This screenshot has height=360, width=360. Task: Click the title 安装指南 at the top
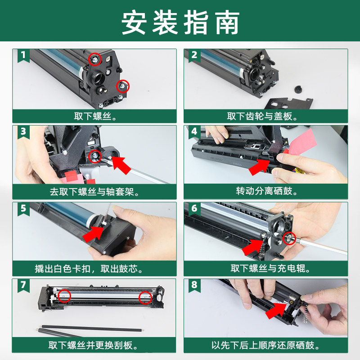180,22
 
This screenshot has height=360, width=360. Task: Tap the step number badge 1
23,55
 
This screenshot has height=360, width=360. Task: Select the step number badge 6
194,208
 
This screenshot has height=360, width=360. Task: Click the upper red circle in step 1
95,59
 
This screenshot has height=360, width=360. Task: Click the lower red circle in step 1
123,86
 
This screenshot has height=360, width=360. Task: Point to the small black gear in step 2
298,89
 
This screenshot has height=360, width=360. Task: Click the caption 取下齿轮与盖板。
262,117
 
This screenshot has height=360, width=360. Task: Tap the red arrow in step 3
121,165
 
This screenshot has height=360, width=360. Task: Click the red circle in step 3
95,157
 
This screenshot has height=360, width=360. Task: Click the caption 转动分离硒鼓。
267,191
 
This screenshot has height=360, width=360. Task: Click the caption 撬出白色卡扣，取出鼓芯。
89,269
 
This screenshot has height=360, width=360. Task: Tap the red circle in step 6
289,238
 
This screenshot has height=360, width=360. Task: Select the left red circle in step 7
64,296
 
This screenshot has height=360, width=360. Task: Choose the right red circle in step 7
145,298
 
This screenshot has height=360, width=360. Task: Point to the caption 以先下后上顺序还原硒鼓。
265,345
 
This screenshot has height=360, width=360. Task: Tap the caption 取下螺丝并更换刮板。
93,345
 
